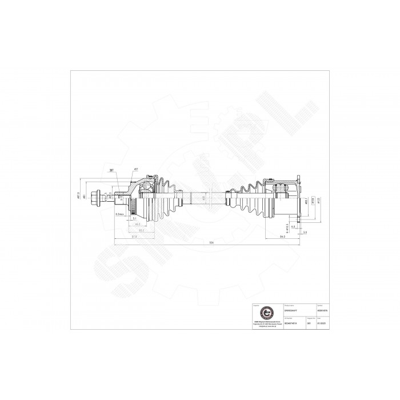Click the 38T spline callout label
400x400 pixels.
point(111,170)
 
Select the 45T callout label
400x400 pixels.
point(136,170)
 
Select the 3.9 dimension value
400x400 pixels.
point(306,233)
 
